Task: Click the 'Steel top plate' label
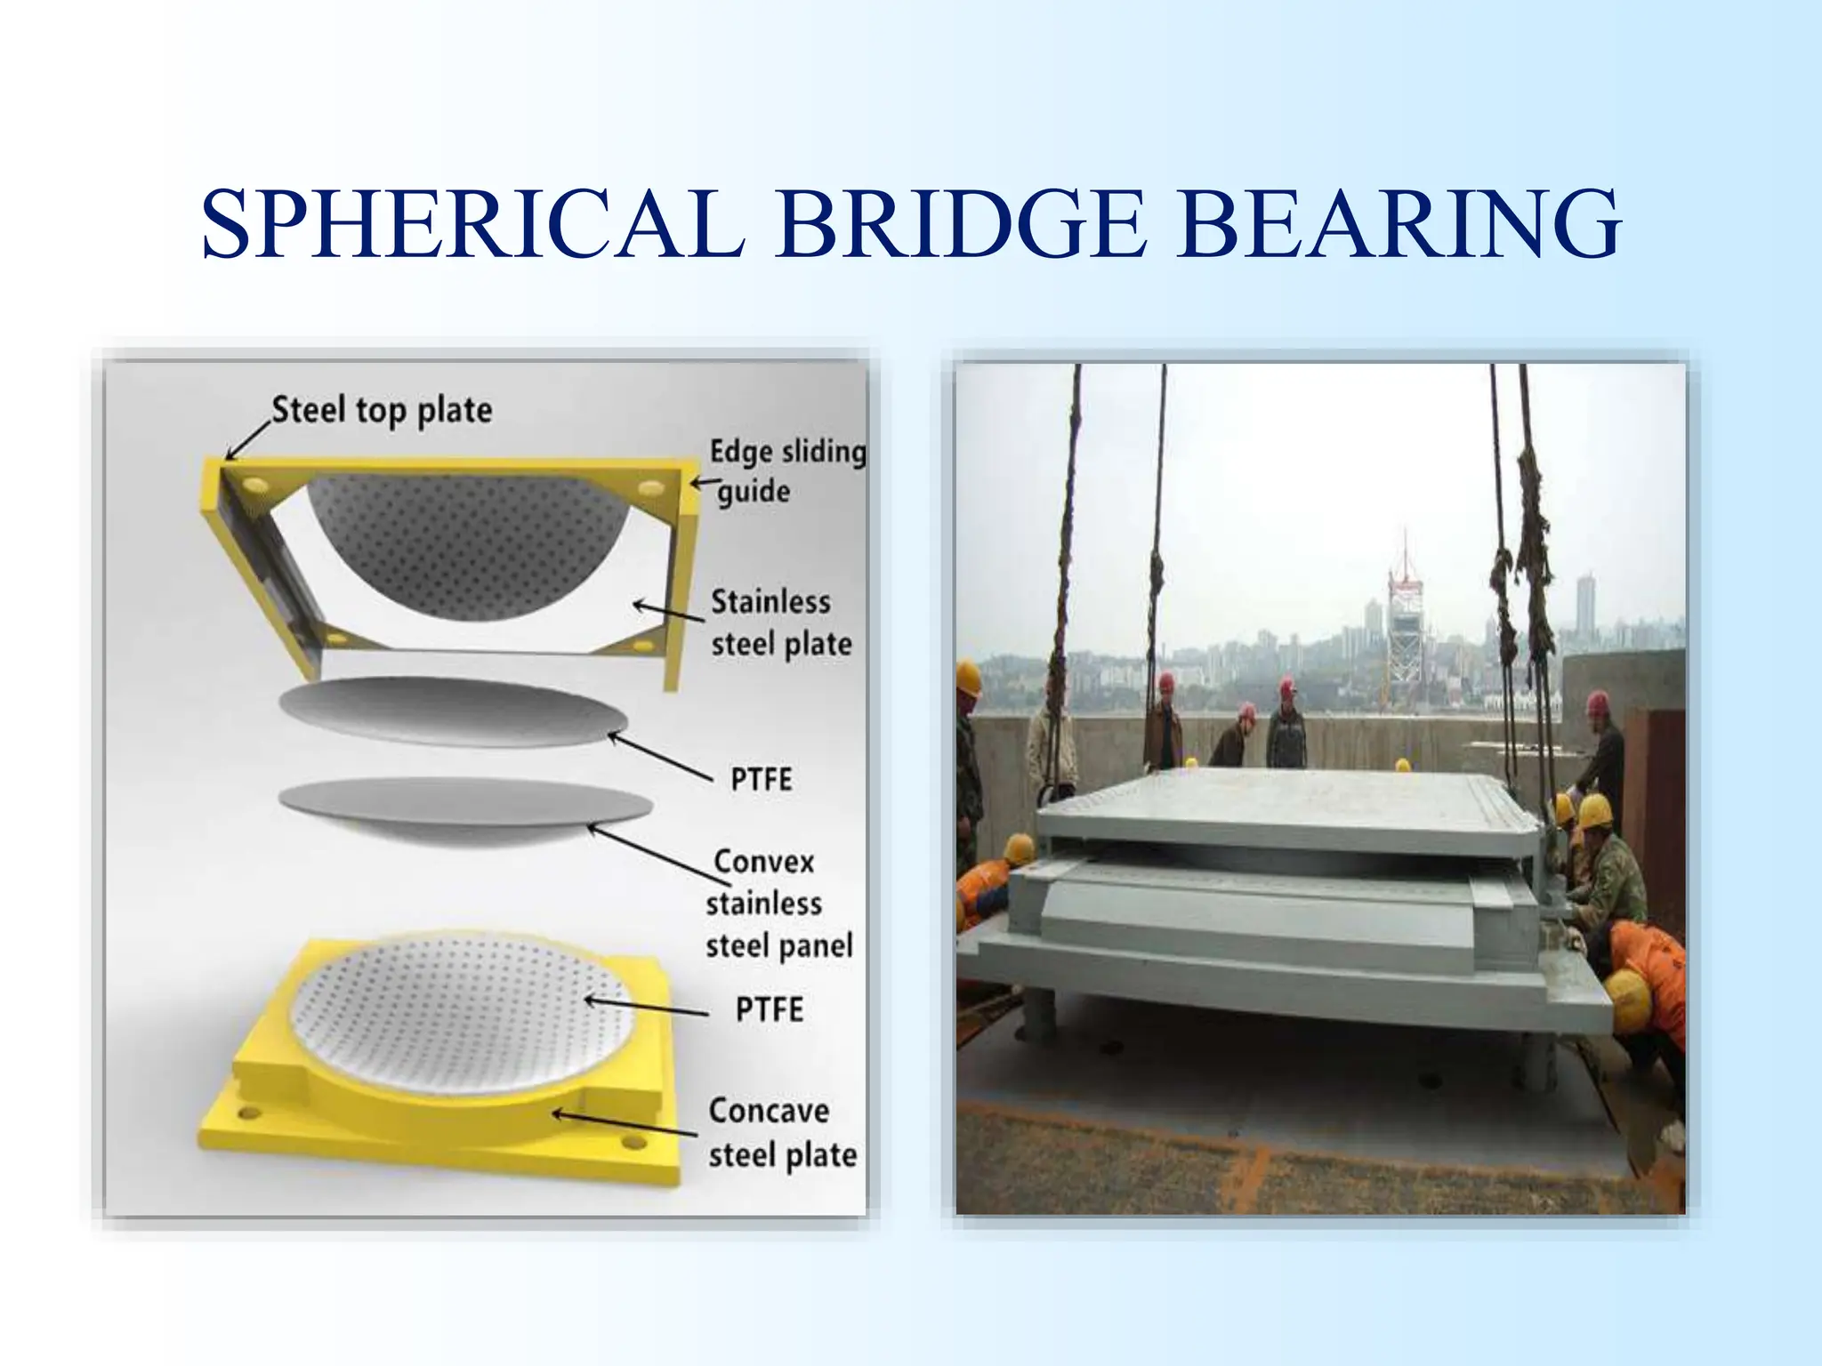click(382, 410)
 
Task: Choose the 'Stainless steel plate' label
click(780, 623)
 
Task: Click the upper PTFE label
click(761, 779)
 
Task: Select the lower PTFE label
click(769, 1009)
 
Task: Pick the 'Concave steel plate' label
click(782, 1132)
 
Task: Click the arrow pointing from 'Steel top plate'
click(247, 439)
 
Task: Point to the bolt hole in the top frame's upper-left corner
click(254, 486)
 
